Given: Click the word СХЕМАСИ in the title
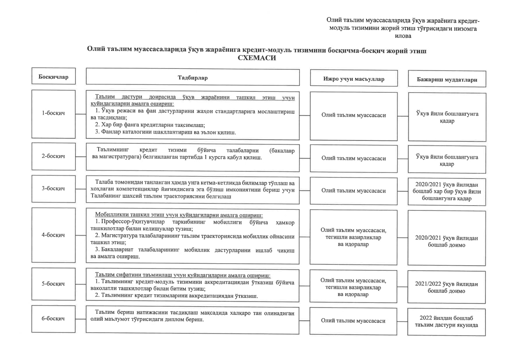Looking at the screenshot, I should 256,58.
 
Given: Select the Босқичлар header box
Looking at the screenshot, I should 53,76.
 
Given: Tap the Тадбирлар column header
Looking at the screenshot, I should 192,78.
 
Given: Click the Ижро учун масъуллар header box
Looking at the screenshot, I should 354,79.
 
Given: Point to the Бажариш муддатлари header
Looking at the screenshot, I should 447,79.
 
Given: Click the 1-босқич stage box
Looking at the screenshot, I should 53,113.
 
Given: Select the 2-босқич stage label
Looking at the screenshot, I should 53,156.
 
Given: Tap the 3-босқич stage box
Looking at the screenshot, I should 53,188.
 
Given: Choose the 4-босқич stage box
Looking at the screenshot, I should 53,235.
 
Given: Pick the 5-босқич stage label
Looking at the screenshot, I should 53,284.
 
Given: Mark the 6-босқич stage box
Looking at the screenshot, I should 53,319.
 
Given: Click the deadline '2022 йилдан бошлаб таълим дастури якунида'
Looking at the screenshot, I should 446,321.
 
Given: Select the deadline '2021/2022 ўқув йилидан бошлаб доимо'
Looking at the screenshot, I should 446,287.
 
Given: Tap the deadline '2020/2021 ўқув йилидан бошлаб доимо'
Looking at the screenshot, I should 446,241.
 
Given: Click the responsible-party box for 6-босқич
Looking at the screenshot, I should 353,321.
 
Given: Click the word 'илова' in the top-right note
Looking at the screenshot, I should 403,36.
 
